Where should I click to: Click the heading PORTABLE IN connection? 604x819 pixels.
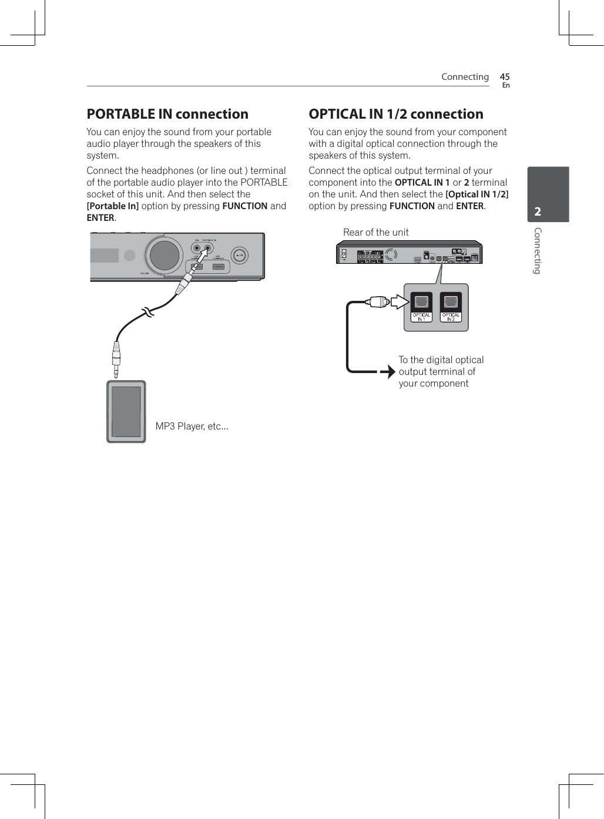pyautogui.click(x=167, y=114)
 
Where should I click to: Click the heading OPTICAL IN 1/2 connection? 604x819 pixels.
pyautogui.click(x=396, y=114)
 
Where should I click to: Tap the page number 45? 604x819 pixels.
pyautogui.click(x=505, y=77)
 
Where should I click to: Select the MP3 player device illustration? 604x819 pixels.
pyautogui.click(x=126, y=411)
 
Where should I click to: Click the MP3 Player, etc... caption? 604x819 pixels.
pyautogui.click(x=192, y=426)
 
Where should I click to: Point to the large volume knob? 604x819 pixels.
pyautogui.click(x=165, y=255)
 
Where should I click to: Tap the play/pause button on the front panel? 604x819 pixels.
pyautogui.click(x=239, y=256)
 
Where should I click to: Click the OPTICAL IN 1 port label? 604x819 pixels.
pyautogui.click(x=421, y=317)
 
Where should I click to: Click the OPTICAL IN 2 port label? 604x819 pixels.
pyautogui.click(x=451, y=317)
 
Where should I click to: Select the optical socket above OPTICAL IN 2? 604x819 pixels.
pyautogui.click(x=451, y=302)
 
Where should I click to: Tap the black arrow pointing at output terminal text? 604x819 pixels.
pyautogui.click(x=388, y=371)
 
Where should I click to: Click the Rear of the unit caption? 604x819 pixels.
pyautogui.click(x=376, y=232)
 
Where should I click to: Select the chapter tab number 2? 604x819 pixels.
pyautogui.click(x=538, y=212)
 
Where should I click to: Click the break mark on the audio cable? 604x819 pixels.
pyautogui.click(x=146, y=312)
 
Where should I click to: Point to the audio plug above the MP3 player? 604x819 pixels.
pyautogui.click(x=116, y=359)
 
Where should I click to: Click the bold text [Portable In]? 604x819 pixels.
pyautogui.click(x=113, y=206)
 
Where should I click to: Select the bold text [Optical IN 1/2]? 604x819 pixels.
pyautogui.click(x=477, y=194)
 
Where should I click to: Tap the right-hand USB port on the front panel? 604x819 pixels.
pyautogui.click(x=219, y=267)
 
